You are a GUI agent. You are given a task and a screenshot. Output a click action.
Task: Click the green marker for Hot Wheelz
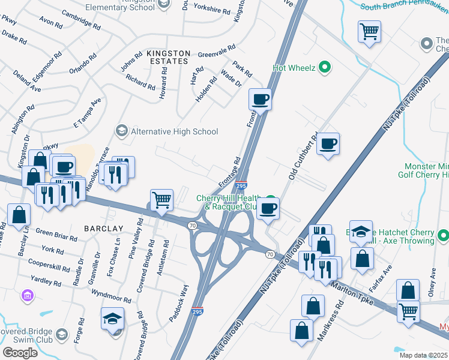tap(325, 67)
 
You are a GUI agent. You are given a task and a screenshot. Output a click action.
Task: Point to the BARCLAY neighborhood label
tap(103, 229)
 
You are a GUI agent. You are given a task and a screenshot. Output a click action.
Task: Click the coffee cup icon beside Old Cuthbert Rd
tap(328, 144)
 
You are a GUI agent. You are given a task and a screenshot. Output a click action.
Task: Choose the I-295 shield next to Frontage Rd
tap(241, 186)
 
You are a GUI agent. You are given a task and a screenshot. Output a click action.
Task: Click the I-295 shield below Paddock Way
tap(197, 311)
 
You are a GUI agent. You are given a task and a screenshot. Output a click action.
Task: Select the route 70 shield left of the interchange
tap(192, 225)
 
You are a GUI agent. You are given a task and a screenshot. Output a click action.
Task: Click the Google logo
tap(20, 352)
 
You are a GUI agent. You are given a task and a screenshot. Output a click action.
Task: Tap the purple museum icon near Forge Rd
tap(26, 296)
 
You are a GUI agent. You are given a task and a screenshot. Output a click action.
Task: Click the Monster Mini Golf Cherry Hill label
tap(423, 170)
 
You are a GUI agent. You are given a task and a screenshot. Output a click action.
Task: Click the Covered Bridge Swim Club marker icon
tap(61, 334)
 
